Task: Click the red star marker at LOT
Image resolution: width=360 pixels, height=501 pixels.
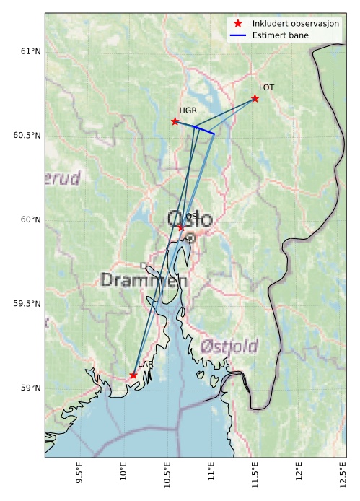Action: click(255, 98)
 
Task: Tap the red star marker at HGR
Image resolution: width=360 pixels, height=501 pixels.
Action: click(175, 121)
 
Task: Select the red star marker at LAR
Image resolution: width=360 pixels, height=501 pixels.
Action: click(133, 375)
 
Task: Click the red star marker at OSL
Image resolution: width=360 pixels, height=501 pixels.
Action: click(181, 227)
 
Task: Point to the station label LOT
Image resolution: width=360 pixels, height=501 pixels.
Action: click(266, 87)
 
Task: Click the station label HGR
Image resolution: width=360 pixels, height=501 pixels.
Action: click(188, 110)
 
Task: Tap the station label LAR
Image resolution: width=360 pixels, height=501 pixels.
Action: click(145, 365)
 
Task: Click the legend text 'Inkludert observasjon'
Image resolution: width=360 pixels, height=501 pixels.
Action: click(296, 24)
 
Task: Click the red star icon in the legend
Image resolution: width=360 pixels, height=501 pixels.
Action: click(237, 24)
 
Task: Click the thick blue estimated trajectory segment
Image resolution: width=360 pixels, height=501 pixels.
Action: click(204, 130)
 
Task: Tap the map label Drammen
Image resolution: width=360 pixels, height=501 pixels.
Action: click(144, 280)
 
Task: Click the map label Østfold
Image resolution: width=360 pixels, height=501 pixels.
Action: click(229, 346)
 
